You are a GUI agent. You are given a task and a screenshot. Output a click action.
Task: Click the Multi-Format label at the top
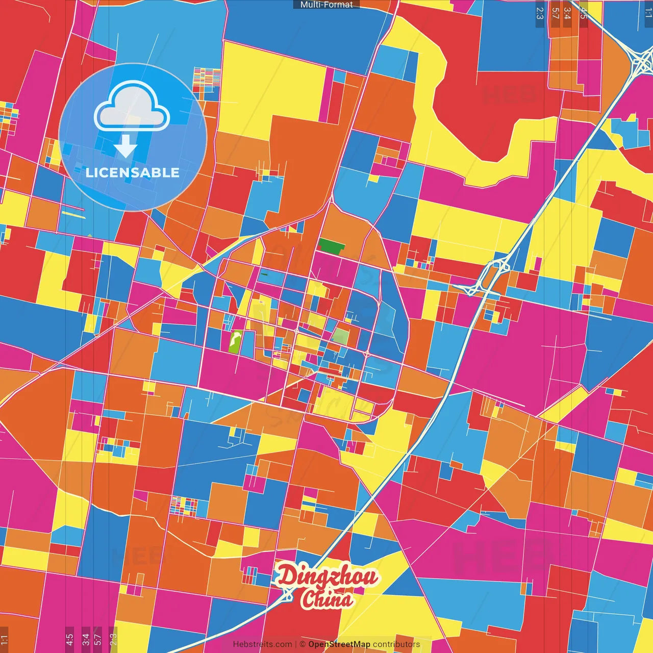point(326,5)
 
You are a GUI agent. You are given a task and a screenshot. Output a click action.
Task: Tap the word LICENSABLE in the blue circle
point(133,172)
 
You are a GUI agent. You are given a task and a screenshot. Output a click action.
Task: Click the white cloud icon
point(132,107)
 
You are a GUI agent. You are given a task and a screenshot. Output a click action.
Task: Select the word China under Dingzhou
point(326,599)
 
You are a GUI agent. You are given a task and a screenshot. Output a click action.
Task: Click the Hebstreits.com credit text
point(263,644)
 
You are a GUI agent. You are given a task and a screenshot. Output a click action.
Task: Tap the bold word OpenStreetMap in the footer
point(339,644)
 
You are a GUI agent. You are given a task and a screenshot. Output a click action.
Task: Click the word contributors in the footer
point(396,644)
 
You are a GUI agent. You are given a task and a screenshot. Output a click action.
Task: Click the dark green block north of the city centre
point(332,246)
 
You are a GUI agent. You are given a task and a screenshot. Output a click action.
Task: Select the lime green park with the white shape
point(236,341)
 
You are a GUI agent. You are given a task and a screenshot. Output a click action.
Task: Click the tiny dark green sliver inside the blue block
point(264,274)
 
